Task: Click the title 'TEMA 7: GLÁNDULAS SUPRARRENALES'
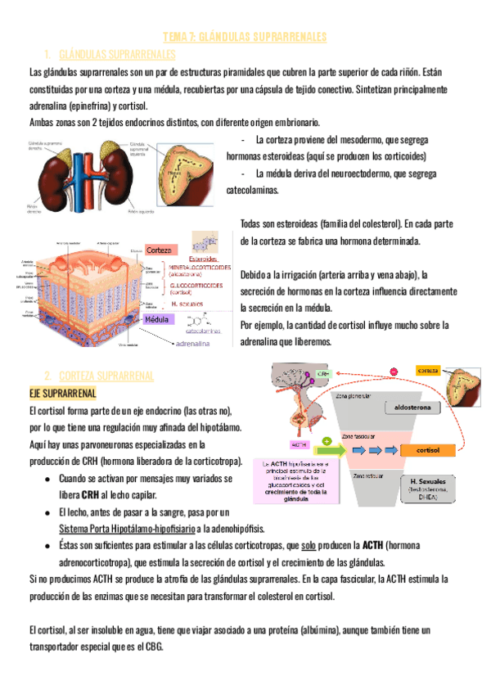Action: [245, 37]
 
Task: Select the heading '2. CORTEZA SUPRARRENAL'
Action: [97, 375]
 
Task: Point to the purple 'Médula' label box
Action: [157, 319]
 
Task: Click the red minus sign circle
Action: [394, 372]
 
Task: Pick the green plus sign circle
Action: [327, 441]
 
